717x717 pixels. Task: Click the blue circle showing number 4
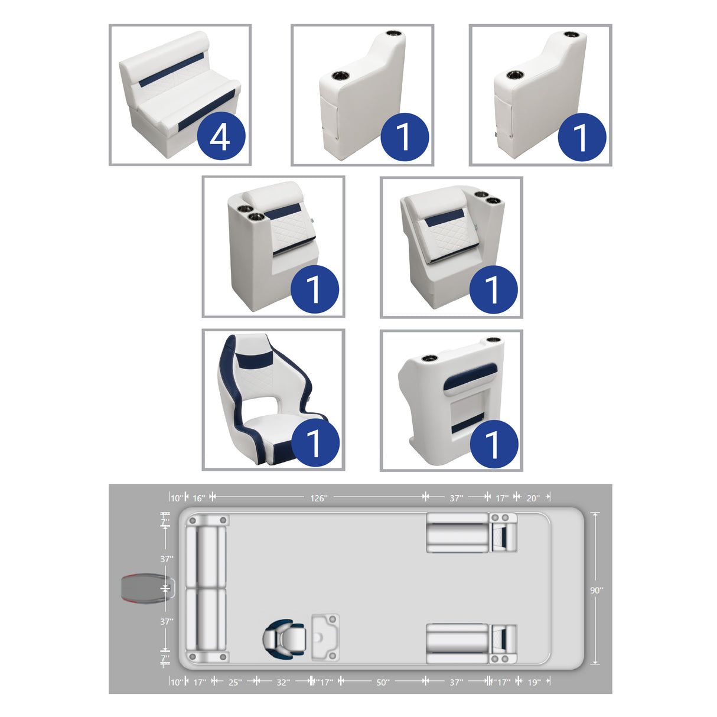pos(220,136)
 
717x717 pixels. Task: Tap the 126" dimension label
pos(318,498)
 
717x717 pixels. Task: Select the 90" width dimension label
pos(597,590)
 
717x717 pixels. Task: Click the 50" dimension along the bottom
pos(383,682)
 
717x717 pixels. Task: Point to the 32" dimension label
pos(283,682)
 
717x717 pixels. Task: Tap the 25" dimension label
pos(234,682)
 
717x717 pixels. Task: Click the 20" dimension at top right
pos(532,498)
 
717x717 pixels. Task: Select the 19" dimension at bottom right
pos(533,682)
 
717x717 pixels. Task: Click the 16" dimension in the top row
pos(199,498)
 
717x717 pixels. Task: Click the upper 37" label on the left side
pos(167,559)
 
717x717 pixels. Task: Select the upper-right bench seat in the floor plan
pos(457,533)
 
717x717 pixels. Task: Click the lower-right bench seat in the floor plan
pos(457,643)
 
